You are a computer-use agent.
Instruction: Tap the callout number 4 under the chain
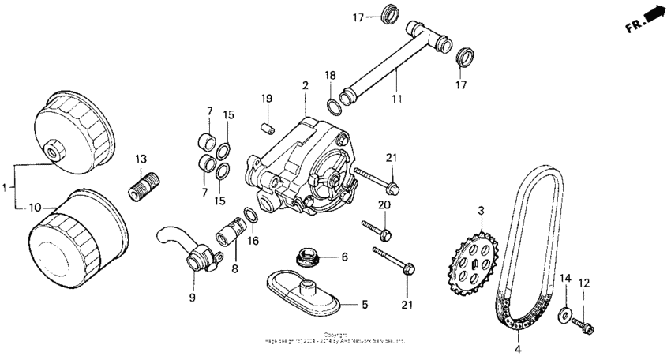[518, 348]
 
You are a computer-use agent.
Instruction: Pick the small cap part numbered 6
[306, 257]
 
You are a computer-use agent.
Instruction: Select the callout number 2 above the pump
[304, 84]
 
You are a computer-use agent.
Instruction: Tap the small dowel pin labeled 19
[267, 126]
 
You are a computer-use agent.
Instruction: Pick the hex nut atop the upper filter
[53, 148]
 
